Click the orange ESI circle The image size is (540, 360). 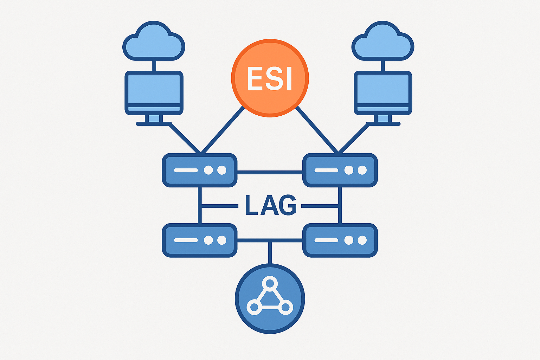270,78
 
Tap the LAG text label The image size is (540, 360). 270,205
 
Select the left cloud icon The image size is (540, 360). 154,41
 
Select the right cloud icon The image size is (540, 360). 383,41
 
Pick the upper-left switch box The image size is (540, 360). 200,170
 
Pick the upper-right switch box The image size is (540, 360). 340,170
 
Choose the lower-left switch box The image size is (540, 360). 200,240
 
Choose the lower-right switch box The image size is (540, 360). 340,240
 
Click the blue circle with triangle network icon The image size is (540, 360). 270,298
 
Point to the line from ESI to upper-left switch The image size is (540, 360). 223,130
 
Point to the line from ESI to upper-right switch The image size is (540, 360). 317,130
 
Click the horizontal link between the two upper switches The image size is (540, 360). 270,172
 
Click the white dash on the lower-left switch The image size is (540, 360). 186,240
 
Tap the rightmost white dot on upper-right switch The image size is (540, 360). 362,170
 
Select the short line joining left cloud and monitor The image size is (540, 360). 154,66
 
